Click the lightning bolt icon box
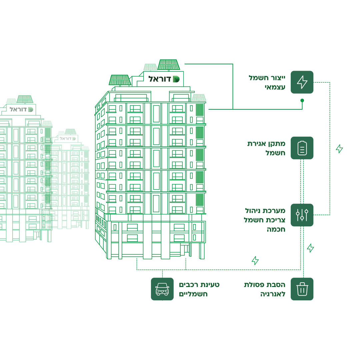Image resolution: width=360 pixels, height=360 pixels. [x=302, y=82]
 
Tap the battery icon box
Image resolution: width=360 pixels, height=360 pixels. [x=302, y=148]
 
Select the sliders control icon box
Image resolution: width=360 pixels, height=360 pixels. [x=302, y=215]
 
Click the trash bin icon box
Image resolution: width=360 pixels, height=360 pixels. [x=302, y=289]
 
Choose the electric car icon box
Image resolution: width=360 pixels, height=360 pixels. [x=162, y=289]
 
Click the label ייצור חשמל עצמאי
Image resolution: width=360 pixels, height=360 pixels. [x=267, y=82]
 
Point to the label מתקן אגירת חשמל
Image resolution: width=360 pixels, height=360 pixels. [x=266, y=148]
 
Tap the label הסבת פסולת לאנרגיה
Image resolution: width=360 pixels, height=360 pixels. [x=265, y=289]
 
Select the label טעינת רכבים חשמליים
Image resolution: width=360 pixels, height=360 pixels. [x=199, y=289]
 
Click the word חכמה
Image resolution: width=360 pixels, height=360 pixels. [x=276, y=229]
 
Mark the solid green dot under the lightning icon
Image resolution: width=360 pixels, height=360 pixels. [x=302, y=100]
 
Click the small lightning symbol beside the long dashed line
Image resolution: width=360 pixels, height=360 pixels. [x=339, y=149]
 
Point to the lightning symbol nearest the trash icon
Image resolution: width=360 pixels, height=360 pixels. [x=310, y=248]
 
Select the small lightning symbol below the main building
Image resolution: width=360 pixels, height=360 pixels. [x=255, y=260]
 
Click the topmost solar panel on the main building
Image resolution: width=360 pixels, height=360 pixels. [x=169, y=64]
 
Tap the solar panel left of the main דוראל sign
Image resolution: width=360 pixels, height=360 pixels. [x=119, y=80]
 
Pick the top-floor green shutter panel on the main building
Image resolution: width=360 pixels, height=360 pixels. [x=200, y=110]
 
